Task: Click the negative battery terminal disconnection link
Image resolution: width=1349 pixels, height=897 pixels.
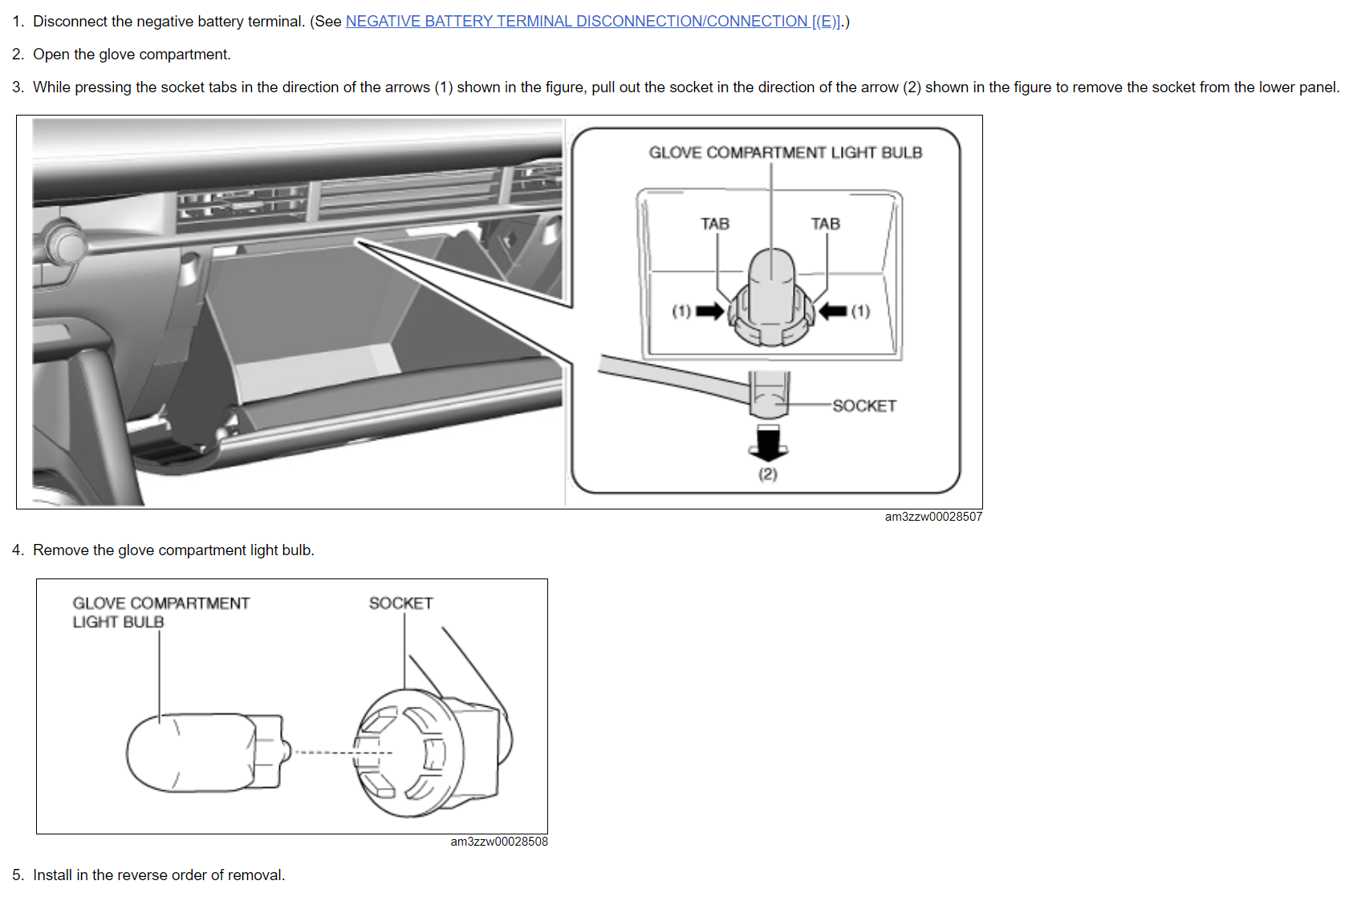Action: pos(593,22)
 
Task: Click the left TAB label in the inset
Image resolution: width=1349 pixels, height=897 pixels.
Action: pos(714,224)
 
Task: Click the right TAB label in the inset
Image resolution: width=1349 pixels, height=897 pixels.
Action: pos(825,224)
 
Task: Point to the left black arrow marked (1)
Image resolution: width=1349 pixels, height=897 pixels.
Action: pos(709,311)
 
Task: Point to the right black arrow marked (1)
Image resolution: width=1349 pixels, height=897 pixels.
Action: pos(833,311)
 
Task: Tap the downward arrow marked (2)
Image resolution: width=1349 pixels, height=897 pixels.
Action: pos(768,443)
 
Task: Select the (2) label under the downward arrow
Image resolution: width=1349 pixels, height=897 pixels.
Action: pos(768,474)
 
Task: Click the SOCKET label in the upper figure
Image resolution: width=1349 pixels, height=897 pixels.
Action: pos(864,406)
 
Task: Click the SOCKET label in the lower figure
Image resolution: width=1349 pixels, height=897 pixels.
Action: pos(400,603)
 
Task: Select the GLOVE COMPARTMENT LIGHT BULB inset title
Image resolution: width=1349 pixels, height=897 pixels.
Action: pos(785,152)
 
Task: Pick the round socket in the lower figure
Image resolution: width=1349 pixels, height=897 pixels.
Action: pos(409,753)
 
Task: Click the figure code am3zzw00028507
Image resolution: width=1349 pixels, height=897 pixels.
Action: pos(933,517)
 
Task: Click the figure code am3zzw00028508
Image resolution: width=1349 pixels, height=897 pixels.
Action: pos(499,842)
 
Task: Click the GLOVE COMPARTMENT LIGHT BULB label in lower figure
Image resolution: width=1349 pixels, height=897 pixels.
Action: pos(160,612)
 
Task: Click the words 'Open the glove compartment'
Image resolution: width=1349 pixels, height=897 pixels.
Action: pos(132,55)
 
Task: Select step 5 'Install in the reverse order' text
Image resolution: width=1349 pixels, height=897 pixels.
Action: pos(159,875)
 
